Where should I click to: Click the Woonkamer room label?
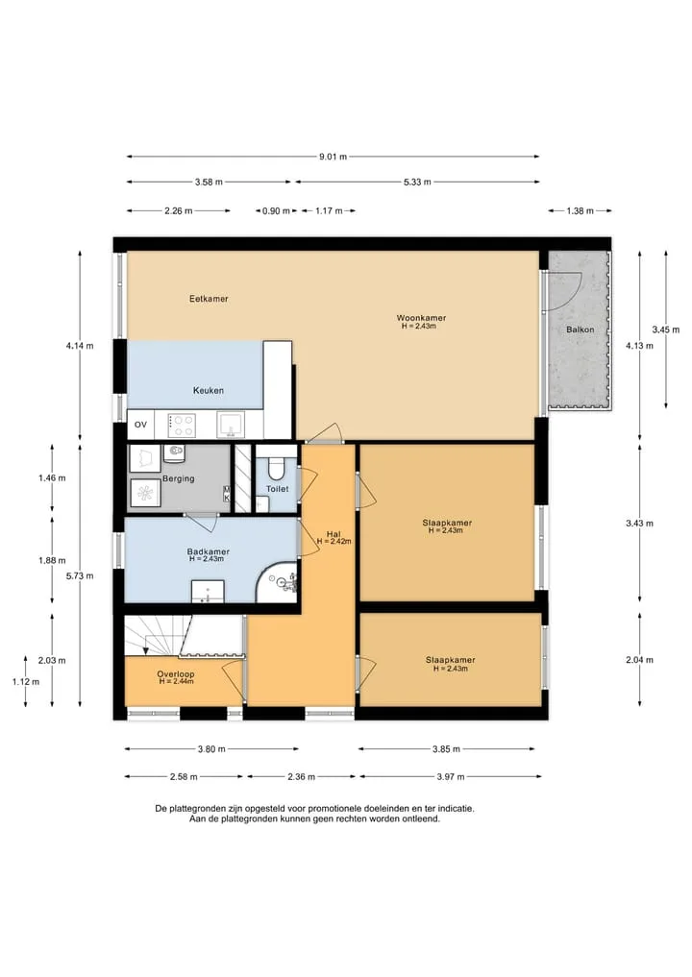[421, 318]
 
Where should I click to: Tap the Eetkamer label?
[209, 299]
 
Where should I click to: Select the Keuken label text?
[209, 390]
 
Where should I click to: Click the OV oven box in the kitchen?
[141, 425]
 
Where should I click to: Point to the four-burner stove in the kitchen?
[182, 425]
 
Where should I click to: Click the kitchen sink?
[230, 425]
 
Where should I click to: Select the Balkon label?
[580, 329]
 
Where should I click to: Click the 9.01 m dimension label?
[333, 157]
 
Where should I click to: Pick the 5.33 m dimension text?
[417, 182]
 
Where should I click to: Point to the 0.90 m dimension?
[276, 210]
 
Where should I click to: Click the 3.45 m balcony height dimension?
[666, 329]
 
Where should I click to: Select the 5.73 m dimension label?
[80, 575]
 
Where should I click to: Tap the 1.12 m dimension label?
[26, 682]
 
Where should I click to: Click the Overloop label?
[176, 673]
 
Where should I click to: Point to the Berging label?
[179, 478]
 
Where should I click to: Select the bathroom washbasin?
[207, 592]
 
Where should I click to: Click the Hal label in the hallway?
[334, 534]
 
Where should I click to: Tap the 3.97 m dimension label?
[451, 776]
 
